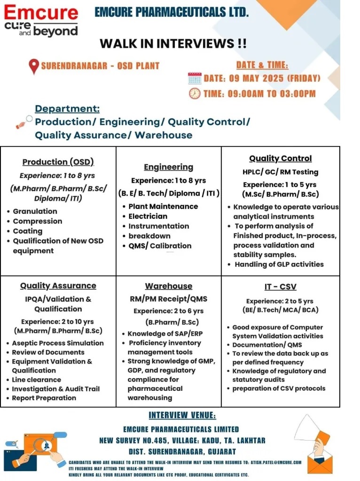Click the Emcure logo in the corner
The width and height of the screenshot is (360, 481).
tap(41, 20)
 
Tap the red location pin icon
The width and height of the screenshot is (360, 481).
tap(34, 66)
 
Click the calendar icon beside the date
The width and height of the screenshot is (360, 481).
tap(195, 78)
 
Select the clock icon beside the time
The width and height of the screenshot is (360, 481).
tap(195, 93)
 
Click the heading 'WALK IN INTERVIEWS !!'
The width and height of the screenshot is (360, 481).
tap(173, 44)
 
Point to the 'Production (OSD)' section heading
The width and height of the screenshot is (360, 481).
tap(58, 162)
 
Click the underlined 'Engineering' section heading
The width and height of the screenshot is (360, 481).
tap(168, 167)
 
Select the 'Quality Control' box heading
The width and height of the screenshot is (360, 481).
tap(280, 159)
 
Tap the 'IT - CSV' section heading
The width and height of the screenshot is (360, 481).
tap(280, 287)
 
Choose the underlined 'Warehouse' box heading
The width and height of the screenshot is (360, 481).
tap(168, 286)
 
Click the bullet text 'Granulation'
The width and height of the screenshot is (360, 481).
tap(35, 211)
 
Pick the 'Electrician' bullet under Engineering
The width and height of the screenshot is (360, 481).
tap(148, 217)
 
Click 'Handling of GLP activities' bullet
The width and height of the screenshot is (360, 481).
tap(279, 264)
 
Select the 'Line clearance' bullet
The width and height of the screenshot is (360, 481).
tap(37, 380)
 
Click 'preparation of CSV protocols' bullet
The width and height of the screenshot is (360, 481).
tap(279, 388)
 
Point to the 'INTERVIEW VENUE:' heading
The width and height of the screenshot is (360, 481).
tap(182, 415)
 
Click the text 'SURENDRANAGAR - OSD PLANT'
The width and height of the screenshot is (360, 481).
tap(100, 66)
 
